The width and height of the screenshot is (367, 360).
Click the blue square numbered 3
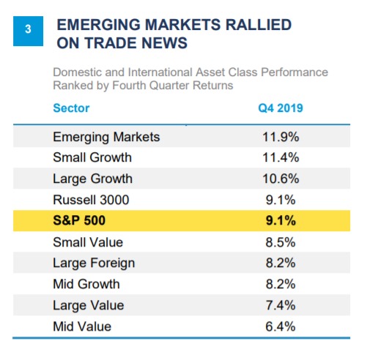click(28, 31)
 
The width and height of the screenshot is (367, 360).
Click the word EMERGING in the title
click(99, 25)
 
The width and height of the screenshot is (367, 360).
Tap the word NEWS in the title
click(164, 43)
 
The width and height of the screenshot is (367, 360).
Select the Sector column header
click(71, 108)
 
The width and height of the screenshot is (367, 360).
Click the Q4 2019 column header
click(281, 108)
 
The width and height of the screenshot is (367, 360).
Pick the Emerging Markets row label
click(106, 137)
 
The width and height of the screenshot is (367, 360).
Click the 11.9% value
click(281, 137)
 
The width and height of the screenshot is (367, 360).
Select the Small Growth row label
click(92, 157)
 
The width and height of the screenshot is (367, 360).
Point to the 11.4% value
click(281, 157)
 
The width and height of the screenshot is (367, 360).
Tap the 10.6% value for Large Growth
click(281, 179)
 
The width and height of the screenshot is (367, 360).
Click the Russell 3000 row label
click(91, 200)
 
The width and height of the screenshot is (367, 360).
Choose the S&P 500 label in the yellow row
click(79, 220)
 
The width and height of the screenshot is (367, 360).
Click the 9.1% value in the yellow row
click(281, 220)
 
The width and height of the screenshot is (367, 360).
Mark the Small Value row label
click(88, 242)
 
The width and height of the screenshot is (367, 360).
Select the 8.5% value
click(281, 242)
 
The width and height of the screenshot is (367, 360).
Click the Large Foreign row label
click(94, 263)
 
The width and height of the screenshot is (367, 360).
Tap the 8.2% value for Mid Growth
click(281, 284)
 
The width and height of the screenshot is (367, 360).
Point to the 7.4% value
click(281, 305)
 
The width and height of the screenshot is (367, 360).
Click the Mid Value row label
click(82, 326)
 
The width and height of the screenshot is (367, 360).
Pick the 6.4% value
click(281, 326)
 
